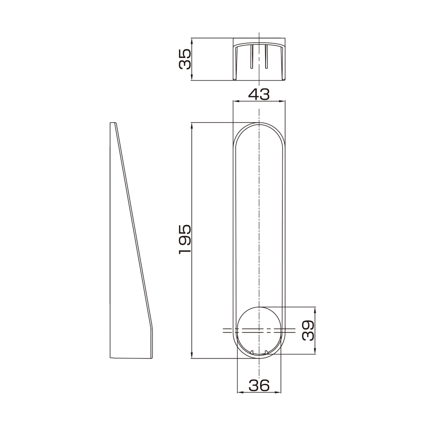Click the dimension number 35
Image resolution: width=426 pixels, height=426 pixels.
(x=185, y=59)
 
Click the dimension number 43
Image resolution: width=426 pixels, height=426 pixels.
(x=259, y=94)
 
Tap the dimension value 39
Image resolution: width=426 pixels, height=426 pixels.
(x=308, y=330)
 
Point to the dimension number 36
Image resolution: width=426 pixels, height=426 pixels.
(x=259, y=385)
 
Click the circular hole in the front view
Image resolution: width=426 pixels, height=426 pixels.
(x=259, y=331)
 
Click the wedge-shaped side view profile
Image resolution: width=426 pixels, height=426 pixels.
(x=131, y=241)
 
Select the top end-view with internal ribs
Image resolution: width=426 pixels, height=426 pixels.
(x=259, y=59)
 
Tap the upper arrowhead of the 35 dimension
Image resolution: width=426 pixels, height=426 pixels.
(x=192, y=41)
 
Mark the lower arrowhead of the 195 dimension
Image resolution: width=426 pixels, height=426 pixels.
(x=192, y=355)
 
